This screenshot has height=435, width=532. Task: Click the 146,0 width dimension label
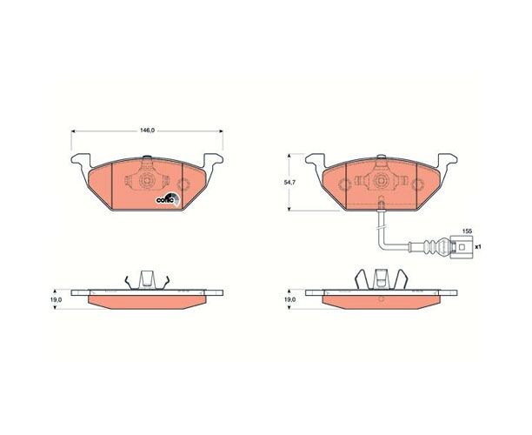click(x=147, y=130)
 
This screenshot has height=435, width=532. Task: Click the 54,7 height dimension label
click(x=289, y=183)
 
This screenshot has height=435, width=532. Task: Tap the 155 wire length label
click(x=467, y=231)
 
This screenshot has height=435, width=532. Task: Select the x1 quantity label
click(x=478, y=247)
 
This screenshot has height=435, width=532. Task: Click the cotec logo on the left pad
click(x=168, y=198)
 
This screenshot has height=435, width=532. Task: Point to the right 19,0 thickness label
click(x=290, y=300)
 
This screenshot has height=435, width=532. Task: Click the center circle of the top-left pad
click(x=147, y=180)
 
